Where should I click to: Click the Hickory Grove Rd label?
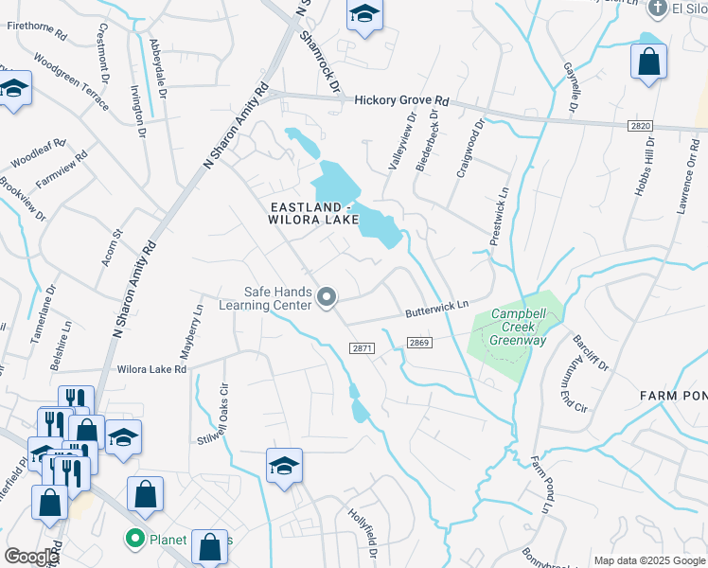click(401, 100)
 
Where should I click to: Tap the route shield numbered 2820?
click(640, 125)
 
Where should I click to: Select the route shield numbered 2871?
click(363, 348)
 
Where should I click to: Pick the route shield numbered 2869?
click(420, 342)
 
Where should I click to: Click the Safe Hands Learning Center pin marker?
click(327, 298)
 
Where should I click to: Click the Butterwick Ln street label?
click(437, 308)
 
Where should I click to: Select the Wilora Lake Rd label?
click(151, 368)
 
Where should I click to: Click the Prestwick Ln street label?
click(500, 216)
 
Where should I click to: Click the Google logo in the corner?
click(31, 557)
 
